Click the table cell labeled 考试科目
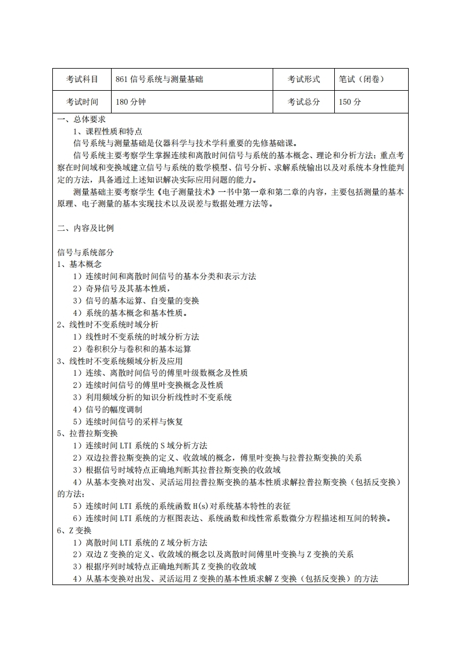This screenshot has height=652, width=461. pos(81,79)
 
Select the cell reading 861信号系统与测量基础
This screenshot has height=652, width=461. pos(159,79)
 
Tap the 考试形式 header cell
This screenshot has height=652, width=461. pos(304,79)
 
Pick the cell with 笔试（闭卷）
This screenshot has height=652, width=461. pos(362,79)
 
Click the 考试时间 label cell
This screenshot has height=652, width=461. pos(81,102)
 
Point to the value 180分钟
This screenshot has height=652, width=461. pos(129,102)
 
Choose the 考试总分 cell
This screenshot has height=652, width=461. pos(304,102)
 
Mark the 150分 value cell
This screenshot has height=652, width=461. pos(350,102)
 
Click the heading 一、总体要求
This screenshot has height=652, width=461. pos(81,120)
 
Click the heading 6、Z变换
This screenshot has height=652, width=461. pos(74,530)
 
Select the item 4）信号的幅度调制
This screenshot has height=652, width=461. pos(107,409)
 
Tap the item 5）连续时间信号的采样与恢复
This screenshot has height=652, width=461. pos(127,421)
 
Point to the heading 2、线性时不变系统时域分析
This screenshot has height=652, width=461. pos(107,325)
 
